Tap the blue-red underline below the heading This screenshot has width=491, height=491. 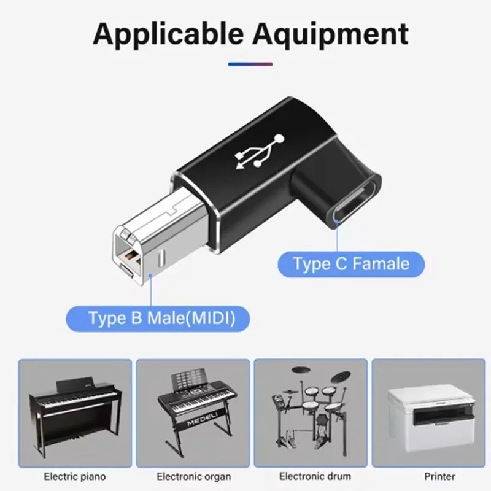tap(250, 64)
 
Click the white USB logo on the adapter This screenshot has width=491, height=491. tap(260, 152)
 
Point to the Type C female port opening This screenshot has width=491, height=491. tap(355, 203)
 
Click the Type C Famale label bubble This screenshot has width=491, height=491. tap(351, 264)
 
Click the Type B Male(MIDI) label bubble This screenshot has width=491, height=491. tap(158, 319)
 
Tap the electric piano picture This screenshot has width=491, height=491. tap(75, 413)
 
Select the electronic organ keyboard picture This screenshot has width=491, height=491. tap(193, 413)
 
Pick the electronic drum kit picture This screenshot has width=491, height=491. tap(311, 413)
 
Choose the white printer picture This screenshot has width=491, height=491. tap(428, 413)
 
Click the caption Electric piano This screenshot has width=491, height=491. tap(75, 477)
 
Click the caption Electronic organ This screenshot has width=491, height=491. tap(194, 477)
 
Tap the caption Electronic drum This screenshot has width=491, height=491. tap(315, 477)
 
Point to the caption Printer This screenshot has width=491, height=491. tap(439, 477)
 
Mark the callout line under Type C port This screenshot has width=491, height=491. tap(337, 236)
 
